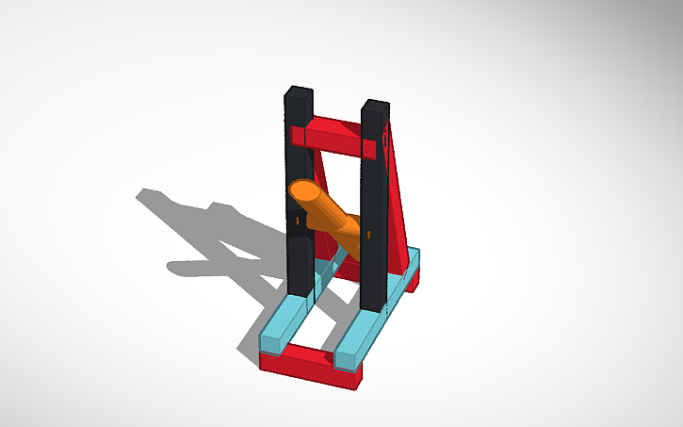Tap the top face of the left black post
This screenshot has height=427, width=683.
pyautogui.click(x=299, y=90)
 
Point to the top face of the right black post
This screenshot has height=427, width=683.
pyautogui.click(x=374, y=102)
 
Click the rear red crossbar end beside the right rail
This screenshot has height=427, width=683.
pyautogui.click(x=413, y=278)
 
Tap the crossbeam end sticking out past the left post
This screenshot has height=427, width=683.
pyautogui.click(x=296, y=138)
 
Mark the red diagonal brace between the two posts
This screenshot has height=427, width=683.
pyautogui.click(x=326, y=236)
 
